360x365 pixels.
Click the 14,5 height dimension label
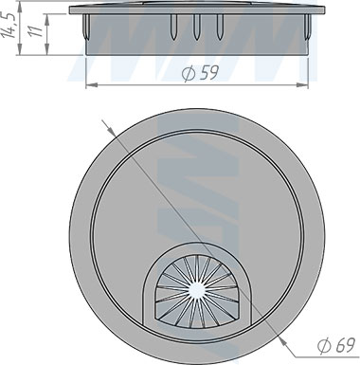coord(9,26)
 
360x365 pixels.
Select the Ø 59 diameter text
coord(200,73)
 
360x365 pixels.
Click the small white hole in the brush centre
coord(197,290)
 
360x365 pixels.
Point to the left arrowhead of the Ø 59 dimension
coord(91,84)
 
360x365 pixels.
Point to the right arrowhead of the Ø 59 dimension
coord(303,84)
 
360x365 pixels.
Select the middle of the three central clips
coord(196,27)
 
